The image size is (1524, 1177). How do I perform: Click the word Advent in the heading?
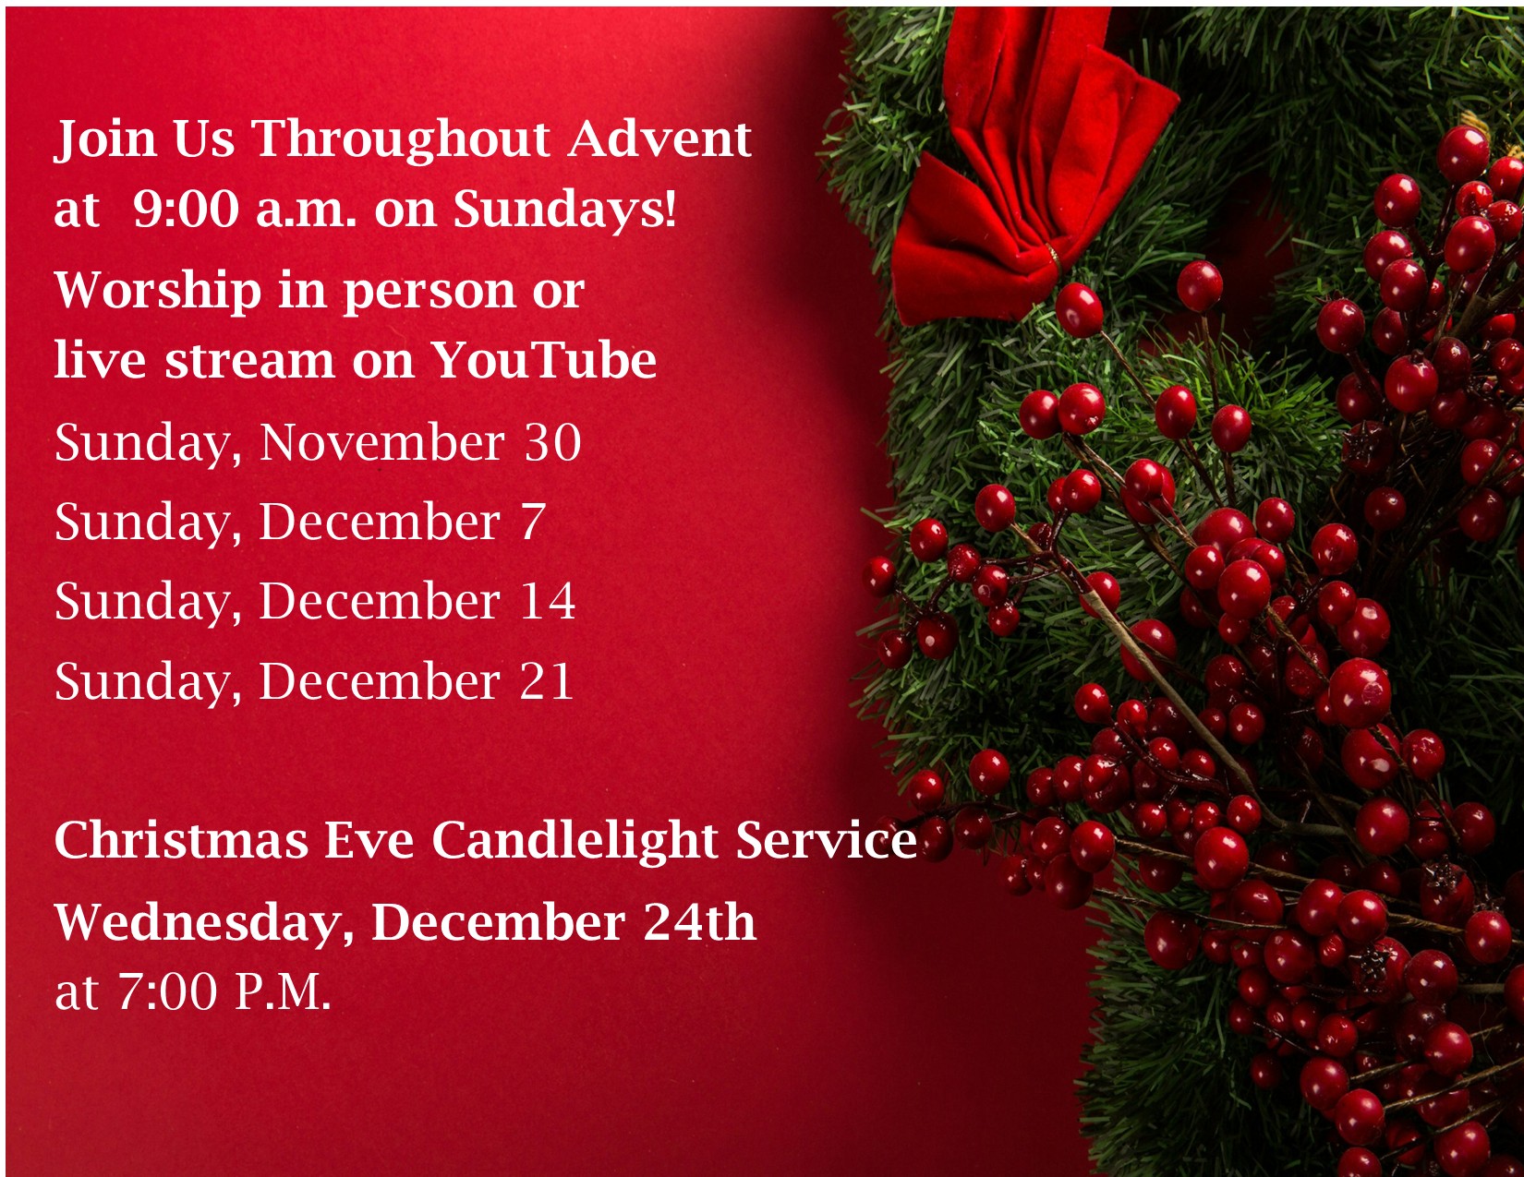coord(659,138)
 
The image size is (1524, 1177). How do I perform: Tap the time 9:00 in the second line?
coord(186,209)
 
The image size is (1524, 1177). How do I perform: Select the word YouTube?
coord(543,360)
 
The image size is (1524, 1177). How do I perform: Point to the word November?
coord(382,443)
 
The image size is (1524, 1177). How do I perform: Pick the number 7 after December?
coord(532,522)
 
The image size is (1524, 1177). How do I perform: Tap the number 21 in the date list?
coord(547,681)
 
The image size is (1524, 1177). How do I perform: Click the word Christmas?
coord(182,839)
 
